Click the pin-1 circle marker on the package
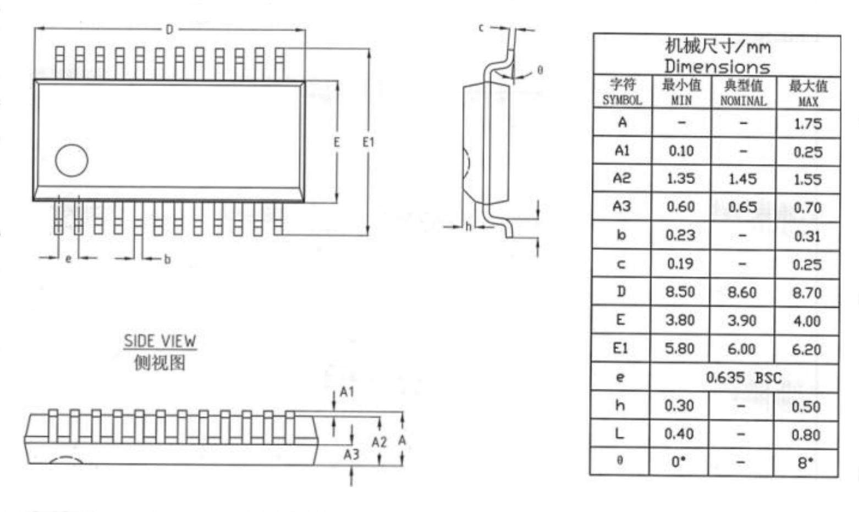click(71, 160)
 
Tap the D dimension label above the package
click(169, 29)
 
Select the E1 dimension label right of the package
click(368, 142)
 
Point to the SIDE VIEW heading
click(159, 341)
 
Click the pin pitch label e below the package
click(68, 259)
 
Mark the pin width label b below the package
click(167, 259)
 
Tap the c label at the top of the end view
click(481, 27)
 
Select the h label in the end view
click(469, 226)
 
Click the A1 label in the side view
click(347, 392)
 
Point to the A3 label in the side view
click(351, 454)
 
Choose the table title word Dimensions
click(717, 66)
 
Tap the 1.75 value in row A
click(808, 124)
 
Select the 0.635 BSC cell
click(744, 377)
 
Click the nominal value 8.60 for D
click(742, 292)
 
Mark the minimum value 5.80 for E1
click(680, 348)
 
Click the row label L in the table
click(620, 434)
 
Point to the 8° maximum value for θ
click(805, 463)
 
